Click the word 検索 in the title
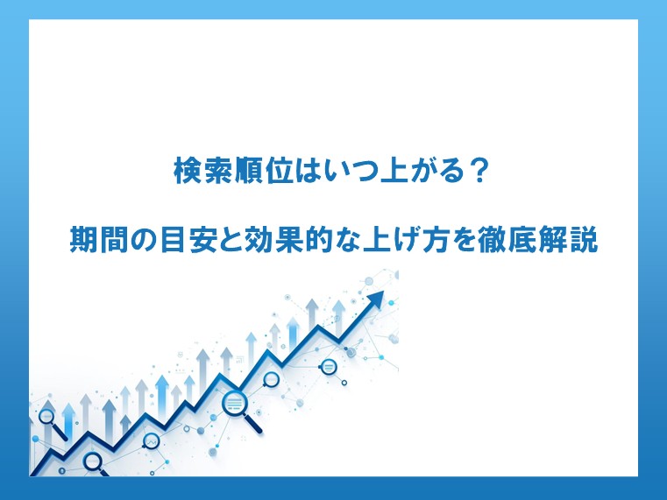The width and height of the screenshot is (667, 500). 203,171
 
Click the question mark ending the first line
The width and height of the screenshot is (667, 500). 479,171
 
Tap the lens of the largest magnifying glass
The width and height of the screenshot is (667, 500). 234,402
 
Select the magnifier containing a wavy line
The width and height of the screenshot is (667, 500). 151,442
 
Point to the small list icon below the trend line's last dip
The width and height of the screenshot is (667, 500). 328,366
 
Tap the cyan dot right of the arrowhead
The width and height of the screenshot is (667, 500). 392,302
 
